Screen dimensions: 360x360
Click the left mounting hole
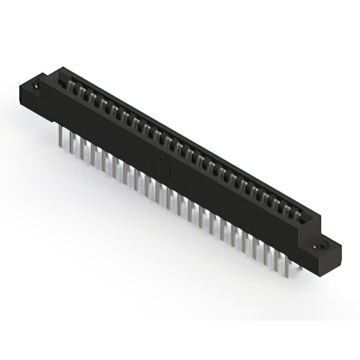coord(37,86)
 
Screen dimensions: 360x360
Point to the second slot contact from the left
coord(80,91)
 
